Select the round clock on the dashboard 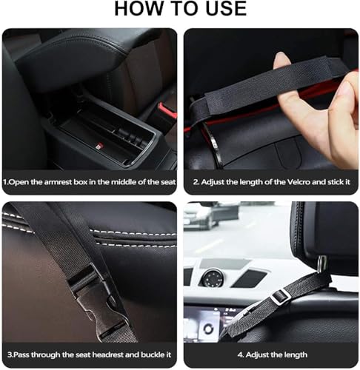point(212,279)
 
